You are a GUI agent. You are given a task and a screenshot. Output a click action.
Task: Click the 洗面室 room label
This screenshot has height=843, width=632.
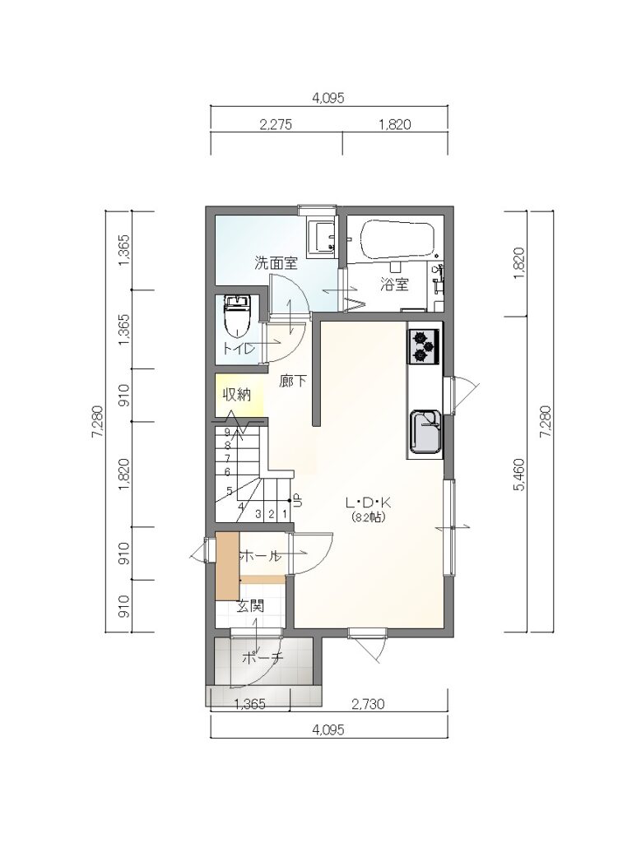click(x=276, y=263)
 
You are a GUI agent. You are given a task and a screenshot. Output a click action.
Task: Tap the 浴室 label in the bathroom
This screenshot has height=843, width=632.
click(x=394, y=285)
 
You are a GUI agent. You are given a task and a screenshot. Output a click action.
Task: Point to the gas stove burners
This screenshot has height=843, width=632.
click(x=424, y=346)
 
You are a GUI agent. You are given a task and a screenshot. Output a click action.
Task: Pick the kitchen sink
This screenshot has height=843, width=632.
click(x=426, y=433)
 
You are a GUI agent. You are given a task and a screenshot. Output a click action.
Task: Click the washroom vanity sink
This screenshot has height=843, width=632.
click(x=323, y=237)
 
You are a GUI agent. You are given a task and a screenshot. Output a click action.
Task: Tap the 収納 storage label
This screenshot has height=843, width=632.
click(x=237, y=395)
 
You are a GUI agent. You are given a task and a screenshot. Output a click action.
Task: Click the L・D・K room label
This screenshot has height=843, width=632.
click(x=369, y=504)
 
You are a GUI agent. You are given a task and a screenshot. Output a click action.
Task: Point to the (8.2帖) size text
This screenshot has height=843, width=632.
click(x=369, y=517)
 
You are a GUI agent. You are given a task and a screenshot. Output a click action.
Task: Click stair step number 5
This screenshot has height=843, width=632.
click(x=229, y=491)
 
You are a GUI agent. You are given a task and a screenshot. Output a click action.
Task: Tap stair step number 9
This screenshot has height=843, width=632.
click(x=227, y=432)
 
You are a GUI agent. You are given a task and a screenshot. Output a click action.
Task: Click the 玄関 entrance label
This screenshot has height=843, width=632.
click(x=250, y=606)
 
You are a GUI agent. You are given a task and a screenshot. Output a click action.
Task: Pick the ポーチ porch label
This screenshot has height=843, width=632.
click(x=263, y=657)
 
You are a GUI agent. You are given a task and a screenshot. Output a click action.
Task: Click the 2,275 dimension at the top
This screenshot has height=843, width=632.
click(x=276, y=125)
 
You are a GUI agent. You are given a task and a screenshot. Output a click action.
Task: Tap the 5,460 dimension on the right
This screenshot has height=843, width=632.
click(x=519, y=475)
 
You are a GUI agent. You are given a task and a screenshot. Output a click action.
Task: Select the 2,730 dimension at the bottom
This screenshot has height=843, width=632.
click(x=368, y=704)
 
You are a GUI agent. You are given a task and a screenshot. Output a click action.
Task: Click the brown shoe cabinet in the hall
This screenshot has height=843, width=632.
click(x=227, y=566)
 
